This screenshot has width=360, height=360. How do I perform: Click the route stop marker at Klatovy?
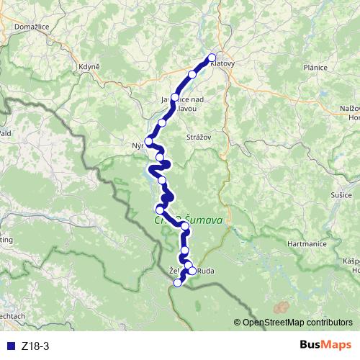212,58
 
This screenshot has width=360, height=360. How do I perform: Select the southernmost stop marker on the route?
178,282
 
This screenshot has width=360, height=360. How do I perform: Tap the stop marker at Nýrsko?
150,140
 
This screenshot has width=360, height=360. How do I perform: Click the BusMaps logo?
326,346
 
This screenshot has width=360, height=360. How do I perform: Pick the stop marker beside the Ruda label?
192,271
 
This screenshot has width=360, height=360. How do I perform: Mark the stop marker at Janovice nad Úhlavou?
174,96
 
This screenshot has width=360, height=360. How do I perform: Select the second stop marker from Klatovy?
192,74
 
